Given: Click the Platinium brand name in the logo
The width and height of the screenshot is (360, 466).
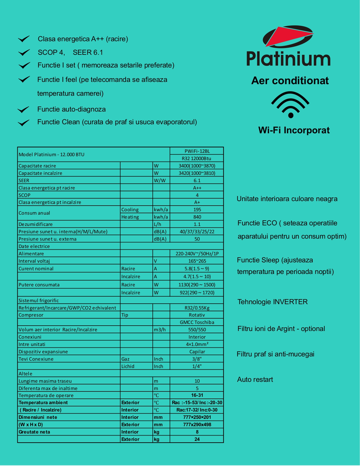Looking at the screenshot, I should click(x=288, y=59).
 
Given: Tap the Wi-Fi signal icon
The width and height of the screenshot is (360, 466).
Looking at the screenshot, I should click(x=290, y=104).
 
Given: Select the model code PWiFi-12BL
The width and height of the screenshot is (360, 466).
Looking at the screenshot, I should click(x=197, y=151).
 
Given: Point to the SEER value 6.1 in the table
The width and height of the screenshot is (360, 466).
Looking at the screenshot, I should click(x=197, y=180).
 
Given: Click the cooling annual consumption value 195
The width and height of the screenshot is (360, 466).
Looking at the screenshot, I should click(x=197, y=210).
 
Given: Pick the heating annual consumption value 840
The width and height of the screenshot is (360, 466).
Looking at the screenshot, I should click(x=197, y=217).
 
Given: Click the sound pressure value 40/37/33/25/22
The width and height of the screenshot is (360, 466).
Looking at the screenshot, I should click(x=197, y=232).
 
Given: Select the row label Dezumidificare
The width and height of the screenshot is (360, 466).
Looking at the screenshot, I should click(x=36, y=224).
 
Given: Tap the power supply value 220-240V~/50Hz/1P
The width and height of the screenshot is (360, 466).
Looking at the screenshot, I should click(x=197, y=254).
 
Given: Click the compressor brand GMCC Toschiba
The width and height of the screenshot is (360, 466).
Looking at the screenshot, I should click(x=197, y=322).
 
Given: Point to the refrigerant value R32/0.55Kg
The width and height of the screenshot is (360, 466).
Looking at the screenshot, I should click(x=197, y=308).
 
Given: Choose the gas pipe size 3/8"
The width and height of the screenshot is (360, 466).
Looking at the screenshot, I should click(x=197, y=359).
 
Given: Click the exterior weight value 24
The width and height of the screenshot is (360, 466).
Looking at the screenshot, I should click(x=197, y=439).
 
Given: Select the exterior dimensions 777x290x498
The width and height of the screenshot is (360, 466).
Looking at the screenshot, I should click(x=197, y=424).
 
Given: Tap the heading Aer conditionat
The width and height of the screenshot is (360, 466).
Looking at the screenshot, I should click(x=290, y=81).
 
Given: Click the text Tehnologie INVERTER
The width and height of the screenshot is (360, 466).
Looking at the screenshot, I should click(x=272, y=302).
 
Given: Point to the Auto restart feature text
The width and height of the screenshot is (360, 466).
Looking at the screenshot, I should click(x=255, y=380).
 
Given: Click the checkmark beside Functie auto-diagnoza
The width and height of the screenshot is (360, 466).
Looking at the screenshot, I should click(x=23, y=110).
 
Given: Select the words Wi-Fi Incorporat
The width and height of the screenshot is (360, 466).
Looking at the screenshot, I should click(x=294, y=130).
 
